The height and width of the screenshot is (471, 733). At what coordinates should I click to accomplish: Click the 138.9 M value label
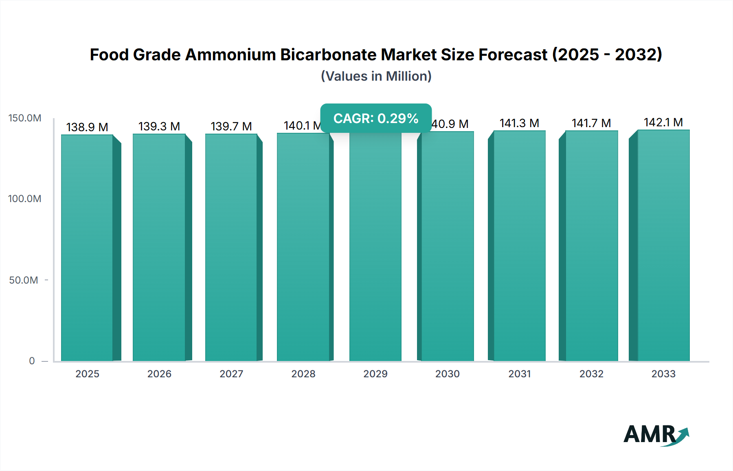(87, 127)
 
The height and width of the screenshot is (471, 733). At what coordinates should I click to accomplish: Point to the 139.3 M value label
(159, 126)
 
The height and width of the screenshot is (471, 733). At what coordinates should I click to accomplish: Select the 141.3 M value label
(519, 123)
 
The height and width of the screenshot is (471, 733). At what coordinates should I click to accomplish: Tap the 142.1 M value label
(663, 122)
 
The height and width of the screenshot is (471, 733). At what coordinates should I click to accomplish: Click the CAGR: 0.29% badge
(376, 118)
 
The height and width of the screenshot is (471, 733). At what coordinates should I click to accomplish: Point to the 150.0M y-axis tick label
(25, 118)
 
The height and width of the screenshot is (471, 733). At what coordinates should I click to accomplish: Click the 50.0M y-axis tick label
(24, 280)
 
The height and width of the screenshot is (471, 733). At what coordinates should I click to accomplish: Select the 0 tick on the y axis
(32, 361)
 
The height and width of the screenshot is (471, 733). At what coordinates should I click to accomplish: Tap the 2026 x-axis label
(159, 374)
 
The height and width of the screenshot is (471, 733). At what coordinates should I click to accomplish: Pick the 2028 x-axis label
(303, 374)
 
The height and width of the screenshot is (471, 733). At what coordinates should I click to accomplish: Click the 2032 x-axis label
(591, 374)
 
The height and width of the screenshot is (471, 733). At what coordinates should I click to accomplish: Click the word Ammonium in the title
(230, 55)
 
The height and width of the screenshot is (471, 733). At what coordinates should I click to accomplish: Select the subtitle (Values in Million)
(376, 76)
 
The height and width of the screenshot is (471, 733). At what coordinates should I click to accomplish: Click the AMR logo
(656, 434)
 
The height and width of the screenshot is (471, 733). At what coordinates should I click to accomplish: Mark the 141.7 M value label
(591, 123)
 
